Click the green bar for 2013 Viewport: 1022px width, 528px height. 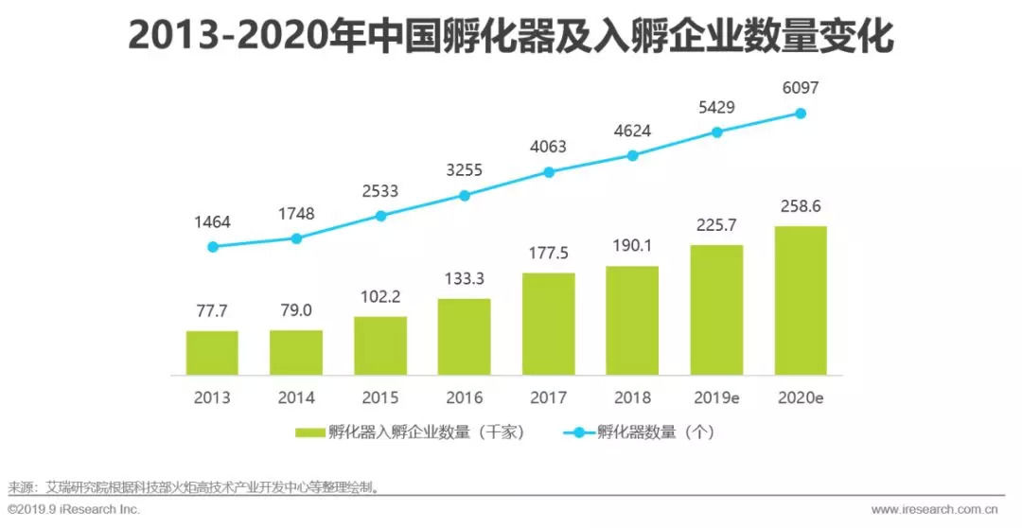(212, 353)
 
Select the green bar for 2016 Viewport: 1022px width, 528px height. (464, 337)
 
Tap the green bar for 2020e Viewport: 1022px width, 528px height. (801, 300)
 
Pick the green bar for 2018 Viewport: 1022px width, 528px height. (632, 320)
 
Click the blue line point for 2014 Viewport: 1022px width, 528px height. (296, 238)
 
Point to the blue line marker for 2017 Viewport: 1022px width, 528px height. (548, 172)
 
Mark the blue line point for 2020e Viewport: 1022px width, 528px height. (801, 113)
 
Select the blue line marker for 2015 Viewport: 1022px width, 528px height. (380, 216)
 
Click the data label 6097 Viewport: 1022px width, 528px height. (801, 88)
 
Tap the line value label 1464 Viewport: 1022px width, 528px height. (212, 221)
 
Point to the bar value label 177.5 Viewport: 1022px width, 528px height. (548, 253)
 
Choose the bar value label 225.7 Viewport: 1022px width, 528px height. (716, 225)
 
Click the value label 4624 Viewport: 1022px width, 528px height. (632, 131)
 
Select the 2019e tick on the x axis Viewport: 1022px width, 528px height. (716, 398)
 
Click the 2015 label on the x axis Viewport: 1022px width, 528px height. (380, 398)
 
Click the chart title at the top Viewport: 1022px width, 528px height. (511, 38)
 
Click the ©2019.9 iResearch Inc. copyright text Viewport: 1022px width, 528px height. (74, 509)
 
